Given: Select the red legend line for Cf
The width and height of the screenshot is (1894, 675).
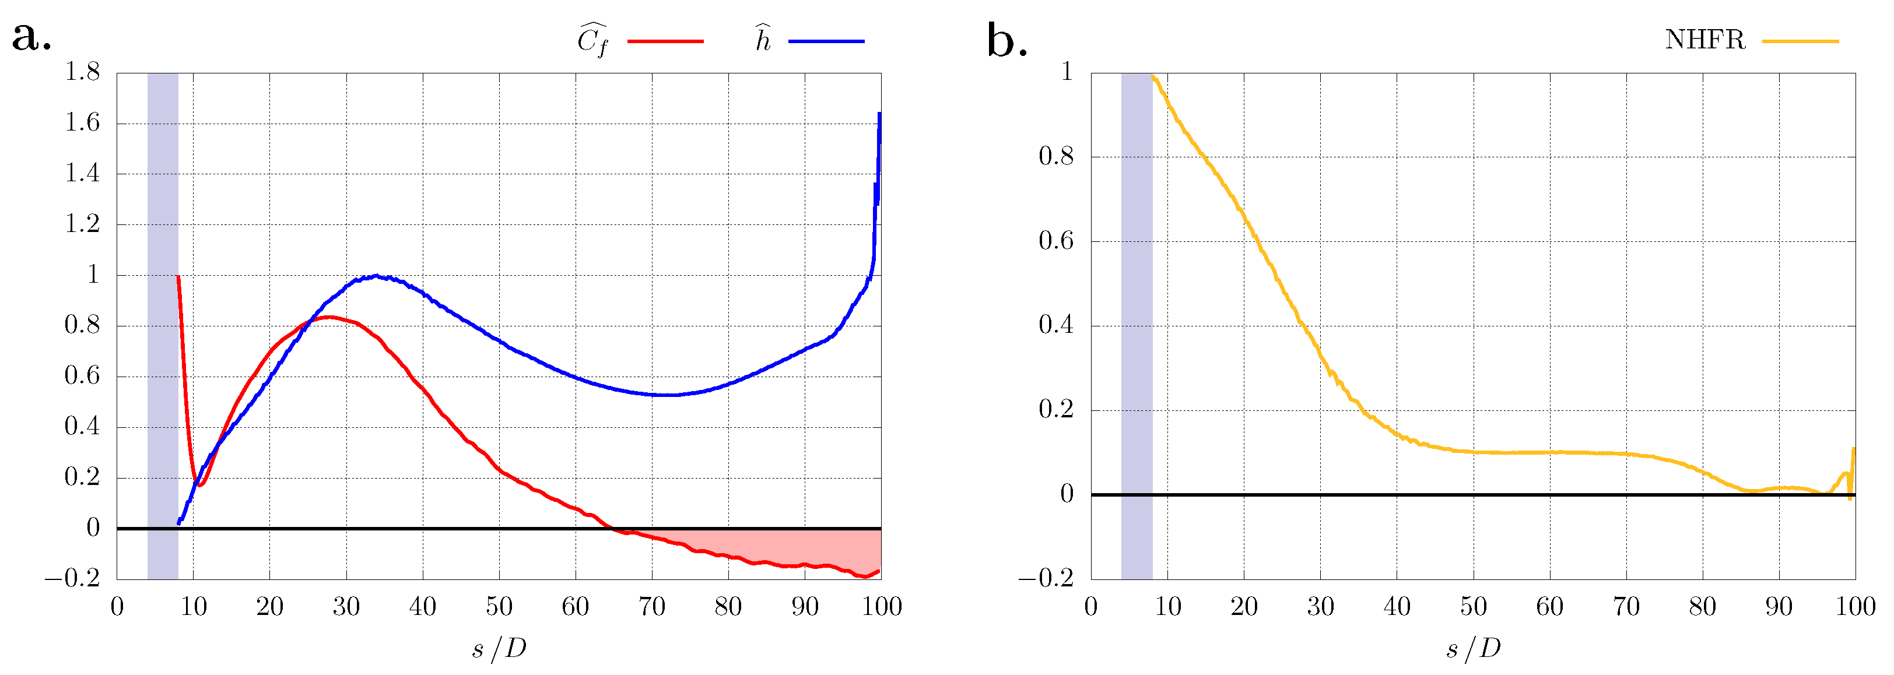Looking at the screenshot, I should tap(665, 41).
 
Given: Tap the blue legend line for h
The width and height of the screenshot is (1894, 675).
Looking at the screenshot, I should tap(826, 41).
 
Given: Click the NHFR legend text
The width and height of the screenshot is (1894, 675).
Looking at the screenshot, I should tap(1704, 40).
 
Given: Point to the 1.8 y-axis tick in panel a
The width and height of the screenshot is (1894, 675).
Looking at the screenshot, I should tap(82, 72).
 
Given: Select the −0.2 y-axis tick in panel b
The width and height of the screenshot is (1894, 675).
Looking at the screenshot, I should tap(1046, 579).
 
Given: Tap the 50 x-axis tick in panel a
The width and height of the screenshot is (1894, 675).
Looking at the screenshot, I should tap(499, 607).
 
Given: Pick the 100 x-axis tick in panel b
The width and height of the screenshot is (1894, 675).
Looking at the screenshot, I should tap(1855, 607).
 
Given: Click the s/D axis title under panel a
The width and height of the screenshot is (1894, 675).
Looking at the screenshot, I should tap(499, 649).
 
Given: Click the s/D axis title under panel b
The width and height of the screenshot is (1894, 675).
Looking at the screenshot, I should tap(1473, 649).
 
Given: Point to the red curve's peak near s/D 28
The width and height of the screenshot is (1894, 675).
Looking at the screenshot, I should tap(329, 317).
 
